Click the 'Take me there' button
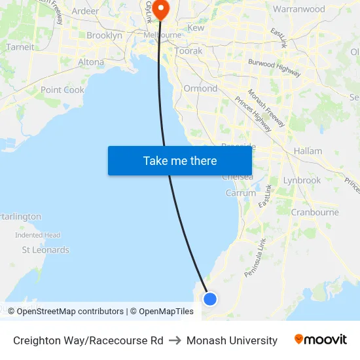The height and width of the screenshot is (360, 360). point(180,160)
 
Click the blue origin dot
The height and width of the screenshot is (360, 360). point(209,298)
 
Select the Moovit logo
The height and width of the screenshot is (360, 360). point(321,340)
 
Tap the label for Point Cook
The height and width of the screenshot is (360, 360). point(62,90)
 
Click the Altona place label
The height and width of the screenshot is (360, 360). point(91,62)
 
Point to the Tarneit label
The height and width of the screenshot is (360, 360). point(20,47)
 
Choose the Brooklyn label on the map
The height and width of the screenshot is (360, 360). point(104,35)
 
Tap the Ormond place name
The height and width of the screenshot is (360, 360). point(200,88)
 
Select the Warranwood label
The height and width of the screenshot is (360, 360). point(298,9)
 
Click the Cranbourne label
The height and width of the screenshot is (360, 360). point(314,212)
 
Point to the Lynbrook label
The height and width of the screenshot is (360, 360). point(302,180)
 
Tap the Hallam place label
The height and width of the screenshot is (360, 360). point(308,151)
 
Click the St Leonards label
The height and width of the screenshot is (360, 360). point(45,249)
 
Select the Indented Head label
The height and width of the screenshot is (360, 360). point(37,235)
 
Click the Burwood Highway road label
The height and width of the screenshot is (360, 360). point(274,67)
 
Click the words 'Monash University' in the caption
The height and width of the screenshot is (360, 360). point(232,340)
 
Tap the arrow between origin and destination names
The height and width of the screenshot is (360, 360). point(175,340)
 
